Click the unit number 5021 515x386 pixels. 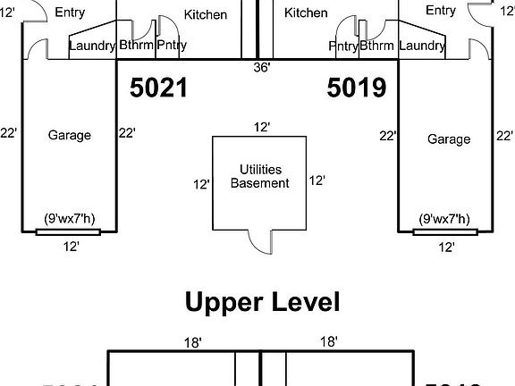[x=158, y=88]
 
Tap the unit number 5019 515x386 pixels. [x=356, y=88]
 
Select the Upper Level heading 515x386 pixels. [x=262, y=302]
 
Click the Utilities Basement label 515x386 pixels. [x=260, y=176]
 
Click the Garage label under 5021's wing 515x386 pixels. [x=70, y=135]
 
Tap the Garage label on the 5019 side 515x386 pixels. [x=448, y=139]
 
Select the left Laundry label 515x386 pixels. [x=92, y=46]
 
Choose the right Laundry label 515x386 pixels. [x=422, y=46]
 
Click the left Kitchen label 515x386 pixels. [x=206, y=14]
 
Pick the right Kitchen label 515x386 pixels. [x=306, y=13]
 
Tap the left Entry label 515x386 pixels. [x=70, y=13]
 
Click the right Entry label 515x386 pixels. [x=440, y=10]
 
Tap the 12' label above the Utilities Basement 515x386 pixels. [x=261, y=128]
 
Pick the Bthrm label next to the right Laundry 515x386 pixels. [x=376, y=46]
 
